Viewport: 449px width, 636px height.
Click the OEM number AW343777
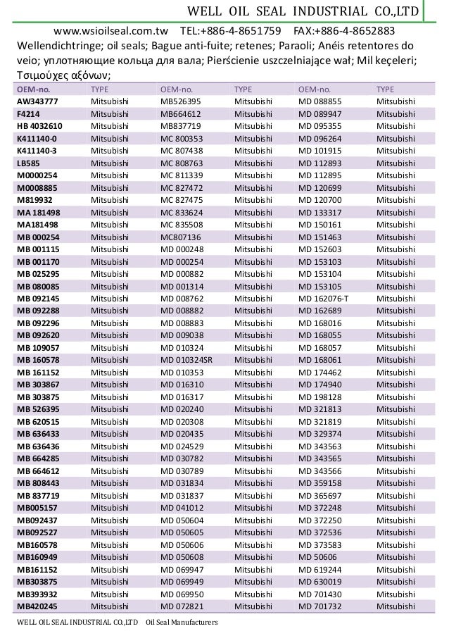pos(37,101)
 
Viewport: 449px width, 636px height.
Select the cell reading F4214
pos(28,113)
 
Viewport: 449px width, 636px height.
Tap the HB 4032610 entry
pos(39,126)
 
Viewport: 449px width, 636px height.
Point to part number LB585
pos(29,163)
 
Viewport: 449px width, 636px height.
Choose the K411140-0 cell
pos(37,138)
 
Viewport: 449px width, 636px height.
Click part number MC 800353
pos(182,138)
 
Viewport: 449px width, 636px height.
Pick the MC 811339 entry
pos(182,175)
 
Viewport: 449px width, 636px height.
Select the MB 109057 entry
pos(39,347)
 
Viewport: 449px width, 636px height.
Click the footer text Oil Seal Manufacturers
pos(182,623)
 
